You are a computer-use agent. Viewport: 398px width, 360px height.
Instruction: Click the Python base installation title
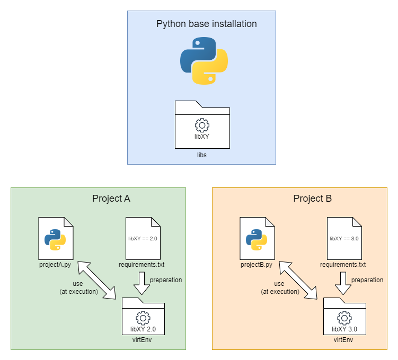tap(206, 24)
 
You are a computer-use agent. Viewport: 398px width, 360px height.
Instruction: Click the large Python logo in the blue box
tap(204, 61)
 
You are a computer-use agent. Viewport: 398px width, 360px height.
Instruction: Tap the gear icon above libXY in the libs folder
tap(202, 125)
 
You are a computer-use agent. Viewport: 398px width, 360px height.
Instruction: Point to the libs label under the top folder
tap(202, 156)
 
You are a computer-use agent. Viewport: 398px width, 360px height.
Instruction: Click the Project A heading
tap(111, 199)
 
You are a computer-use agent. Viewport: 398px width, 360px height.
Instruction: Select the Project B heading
tap(313, 199)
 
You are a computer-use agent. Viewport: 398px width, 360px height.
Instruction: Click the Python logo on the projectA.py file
tap(56, 239)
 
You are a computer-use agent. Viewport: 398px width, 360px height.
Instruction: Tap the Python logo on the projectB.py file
tap(257, 239)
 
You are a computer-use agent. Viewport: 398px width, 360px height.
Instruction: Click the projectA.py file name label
tap(56, 264)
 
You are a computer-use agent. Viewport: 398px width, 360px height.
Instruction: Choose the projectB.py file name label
tap(257, 264)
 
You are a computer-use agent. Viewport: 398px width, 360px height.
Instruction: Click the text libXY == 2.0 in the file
tap(143, 239)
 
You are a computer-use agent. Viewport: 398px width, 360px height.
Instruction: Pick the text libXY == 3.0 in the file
tap(344, 239)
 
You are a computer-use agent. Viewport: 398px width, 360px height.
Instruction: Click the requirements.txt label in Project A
tap(141, 264)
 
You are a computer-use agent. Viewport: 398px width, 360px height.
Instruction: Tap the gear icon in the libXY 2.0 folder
tap(143, 318)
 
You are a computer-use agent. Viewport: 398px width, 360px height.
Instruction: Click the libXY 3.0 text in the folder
tap(344, 329)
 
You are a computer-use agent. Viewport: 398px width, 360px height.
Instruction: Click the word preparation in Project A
tap(166, 280)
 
